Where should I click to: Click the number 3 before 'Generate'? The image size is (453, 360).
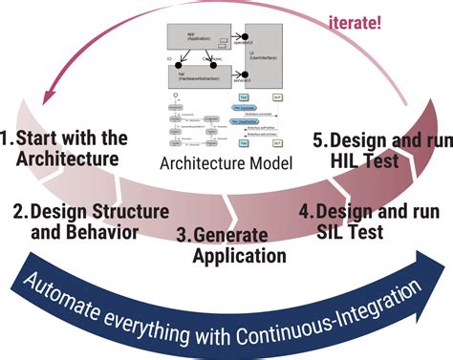tap(182, 234)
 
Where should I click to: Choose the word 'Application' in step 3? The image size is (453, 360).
tap(238, 255)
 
